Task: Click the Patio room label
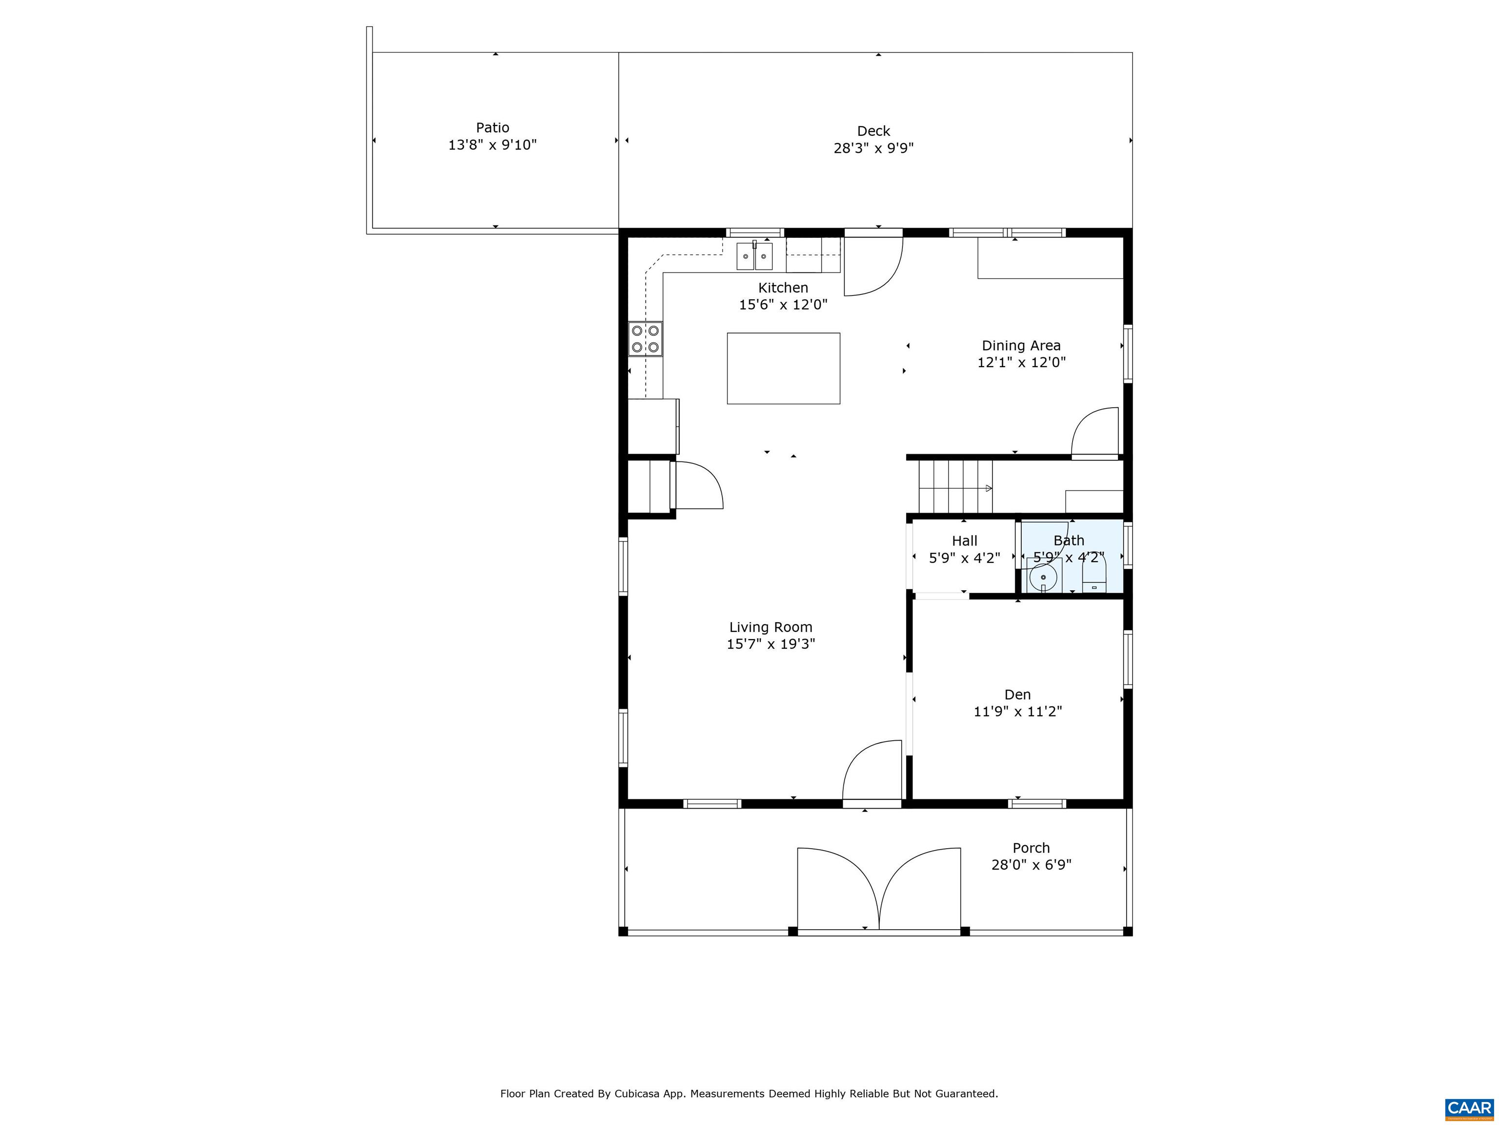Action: (493, 127)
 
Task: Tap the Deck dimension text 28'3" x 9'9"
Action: (873, 148)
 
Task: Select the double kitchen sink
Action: (754, 256)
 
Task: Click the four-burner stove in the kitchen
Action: (645, 339)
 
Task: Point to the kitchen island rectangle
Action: (783, 368)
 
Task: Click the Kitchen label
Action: (783, 288)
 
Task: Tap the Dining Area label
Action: (1021, 346)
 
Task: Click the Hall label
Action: (964, 541)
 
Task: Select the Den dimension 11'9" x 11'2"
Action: (1018, 711)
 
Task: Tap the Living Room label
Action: (770, 627)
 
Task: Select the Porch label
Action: (1032, 848)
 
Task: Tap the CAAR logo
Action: (1469, 1108)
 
